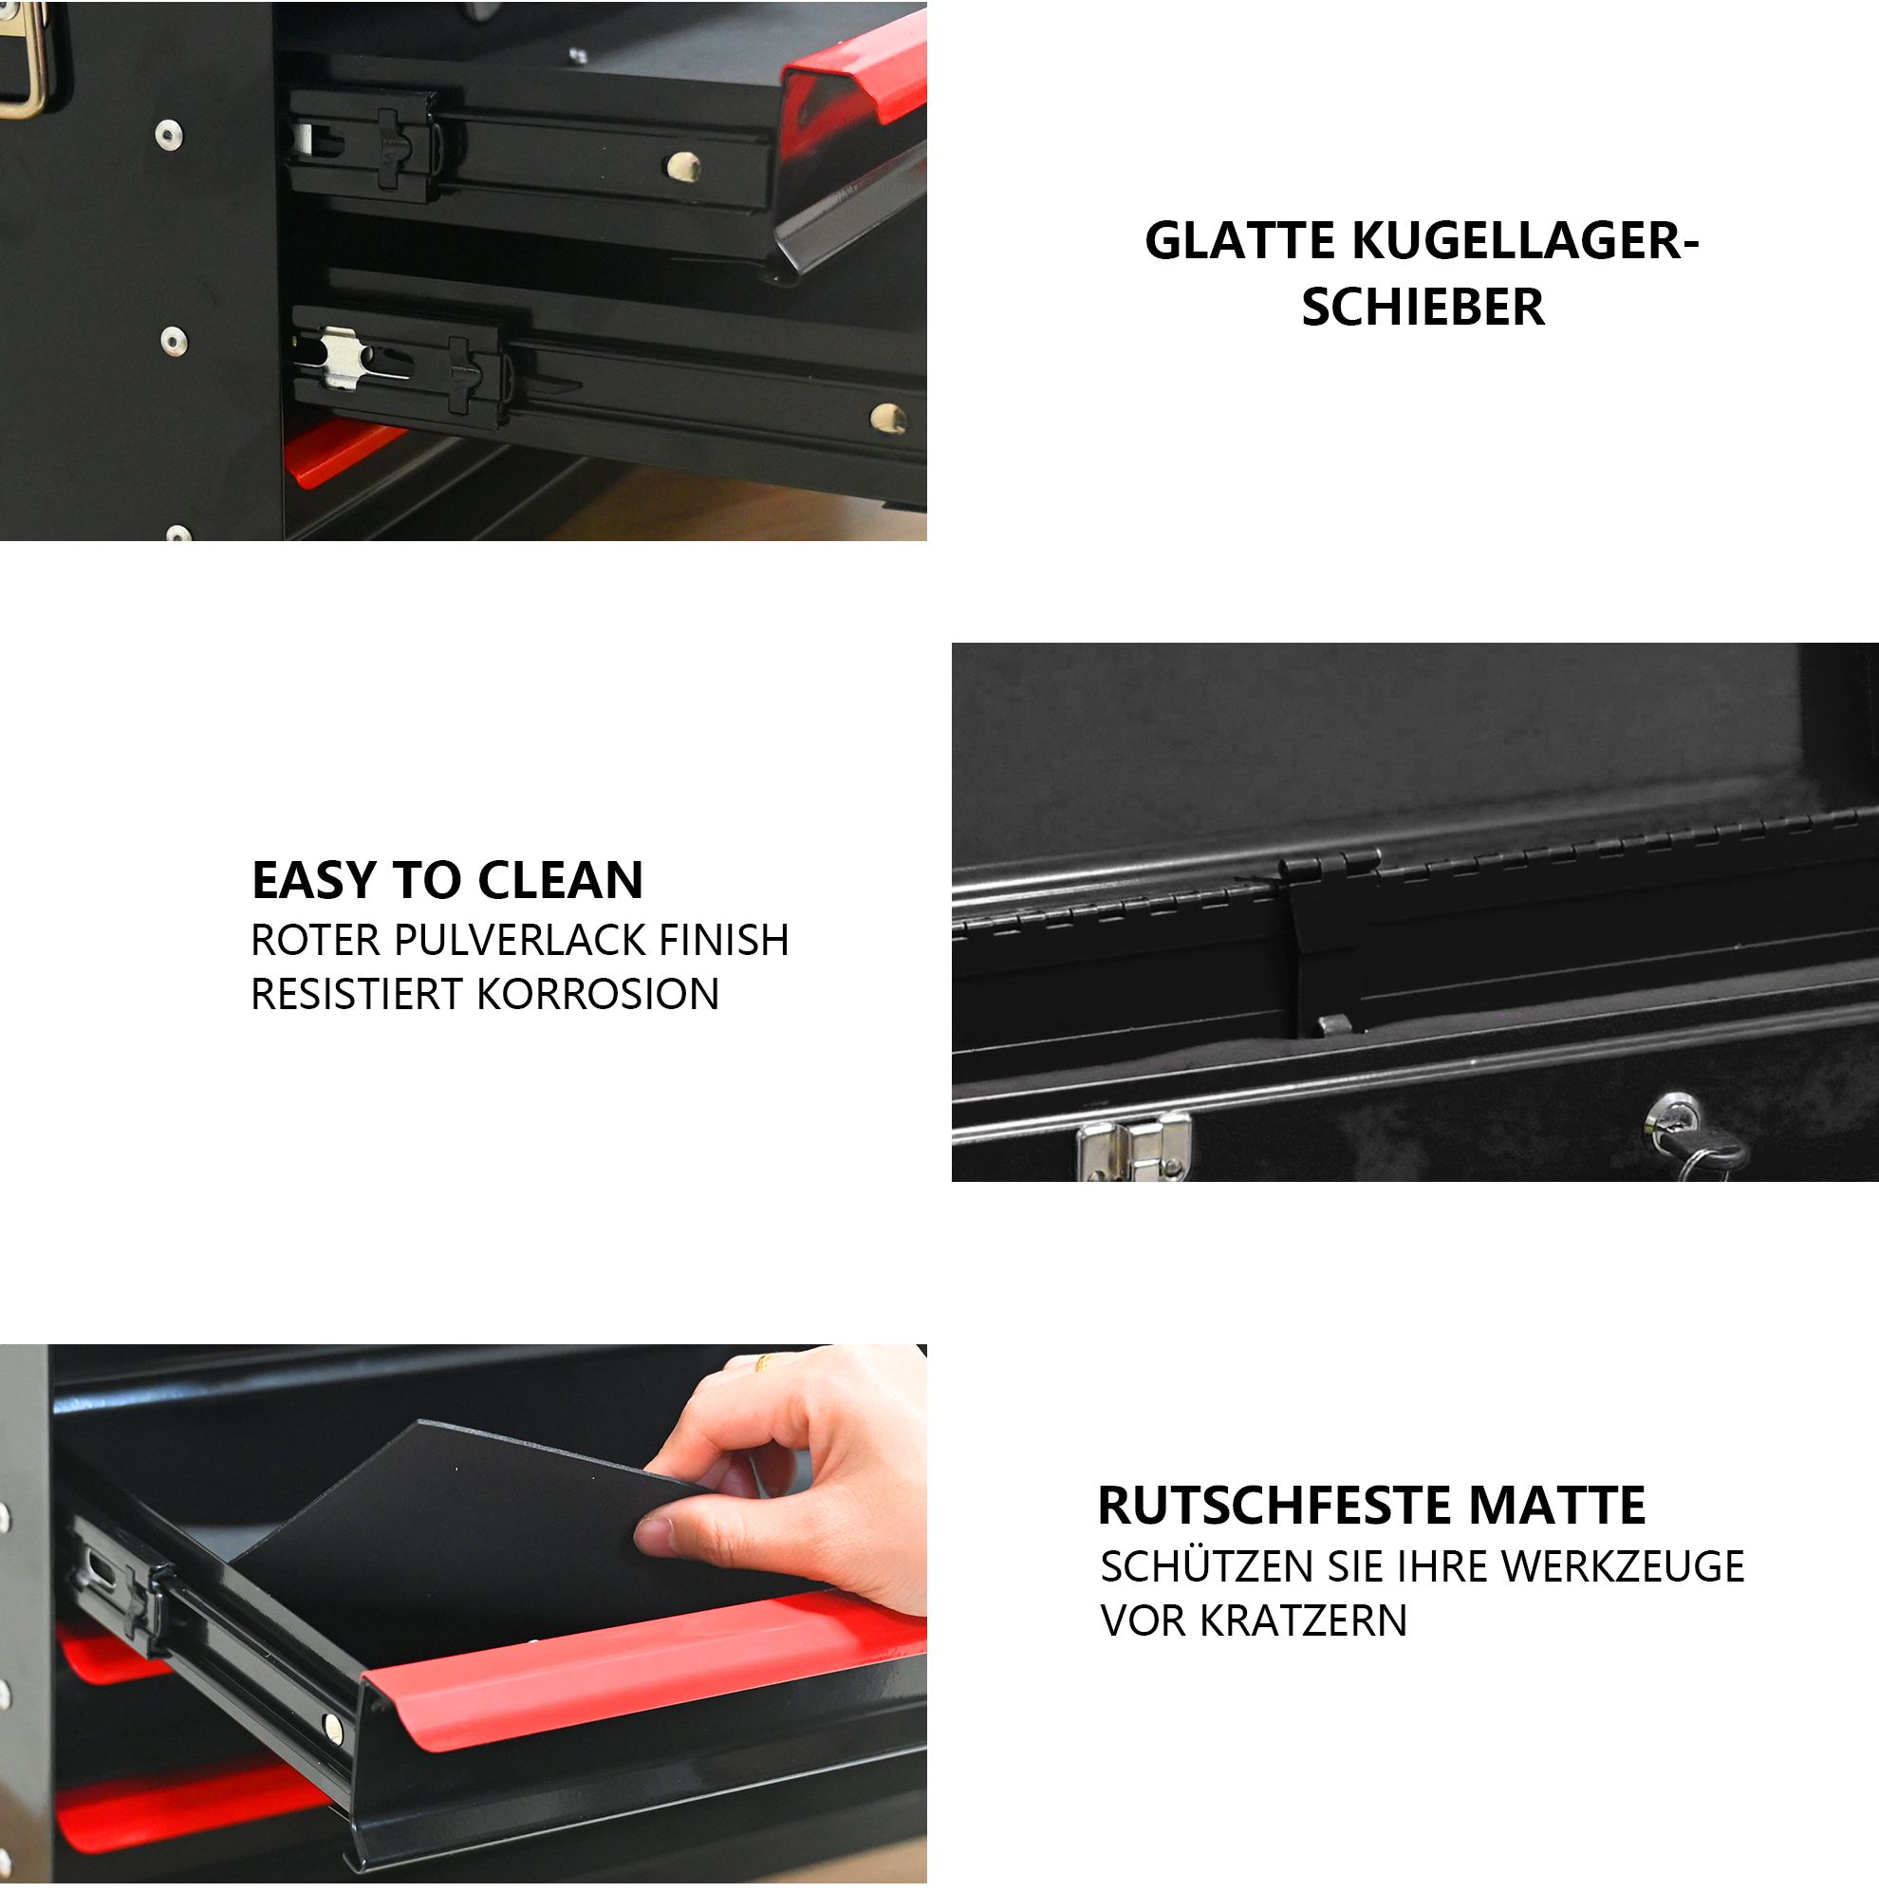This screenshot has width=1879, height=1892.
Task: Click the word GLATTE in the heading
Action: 1239,241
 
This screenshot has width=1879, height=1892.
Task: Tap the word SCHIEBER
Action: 1423,308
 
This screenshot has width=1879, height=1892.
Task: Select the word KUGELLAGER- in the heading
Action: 1526,241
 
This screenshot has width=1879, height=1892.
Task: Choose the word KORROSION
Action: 598,994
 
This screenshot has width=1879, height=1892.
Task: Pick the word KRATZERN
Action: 1303,1620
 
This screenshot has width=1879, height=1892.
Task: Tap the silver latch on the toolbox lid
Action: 1133,1148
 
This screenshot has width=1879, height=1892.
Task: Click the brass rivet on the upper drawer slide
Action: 683,166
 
